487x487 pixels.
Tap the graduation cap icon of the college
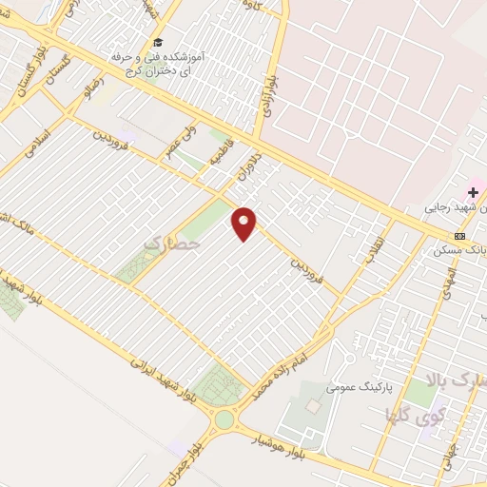[158, 43]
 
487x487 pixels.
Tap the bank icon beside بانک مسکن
[460, 236]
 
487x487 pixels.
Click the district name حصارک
[172, 244]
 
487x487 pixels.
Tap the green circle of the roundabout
[224, 419]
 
